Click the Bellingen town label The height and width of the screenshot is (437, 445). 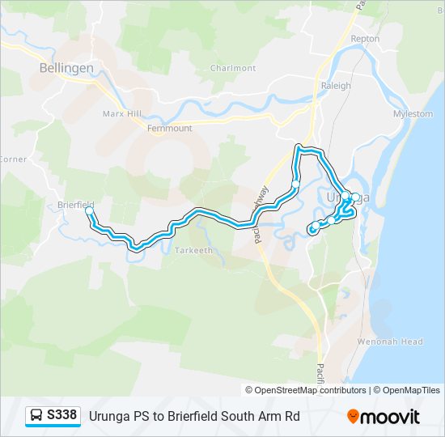(66, 68)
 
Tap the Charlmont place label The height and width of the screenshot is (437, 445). (233, 68)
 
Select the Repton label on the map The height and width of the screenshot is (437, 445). (365, 38)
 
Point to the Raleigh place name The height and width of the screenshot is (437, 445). (336, 86)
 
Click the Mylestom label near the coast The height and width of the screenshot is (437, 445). (413, 114)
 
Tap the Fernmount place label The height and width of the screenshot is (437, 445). (170, 128)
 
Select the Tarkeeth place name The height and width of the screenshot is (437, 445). (193, 250)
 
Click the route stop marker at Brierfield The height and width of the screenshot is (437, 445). (89, 212)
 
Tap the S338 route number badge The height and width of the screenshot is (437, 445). (62, 415)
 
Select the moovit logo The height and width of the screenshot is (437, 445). (384, 417)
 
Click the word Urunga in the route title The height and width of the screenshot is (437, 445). (109, 416)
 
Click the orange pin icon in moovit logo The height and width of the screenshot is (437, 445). (353, 416)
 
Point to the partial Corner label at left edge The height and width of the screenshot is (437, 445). (13, 159)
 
